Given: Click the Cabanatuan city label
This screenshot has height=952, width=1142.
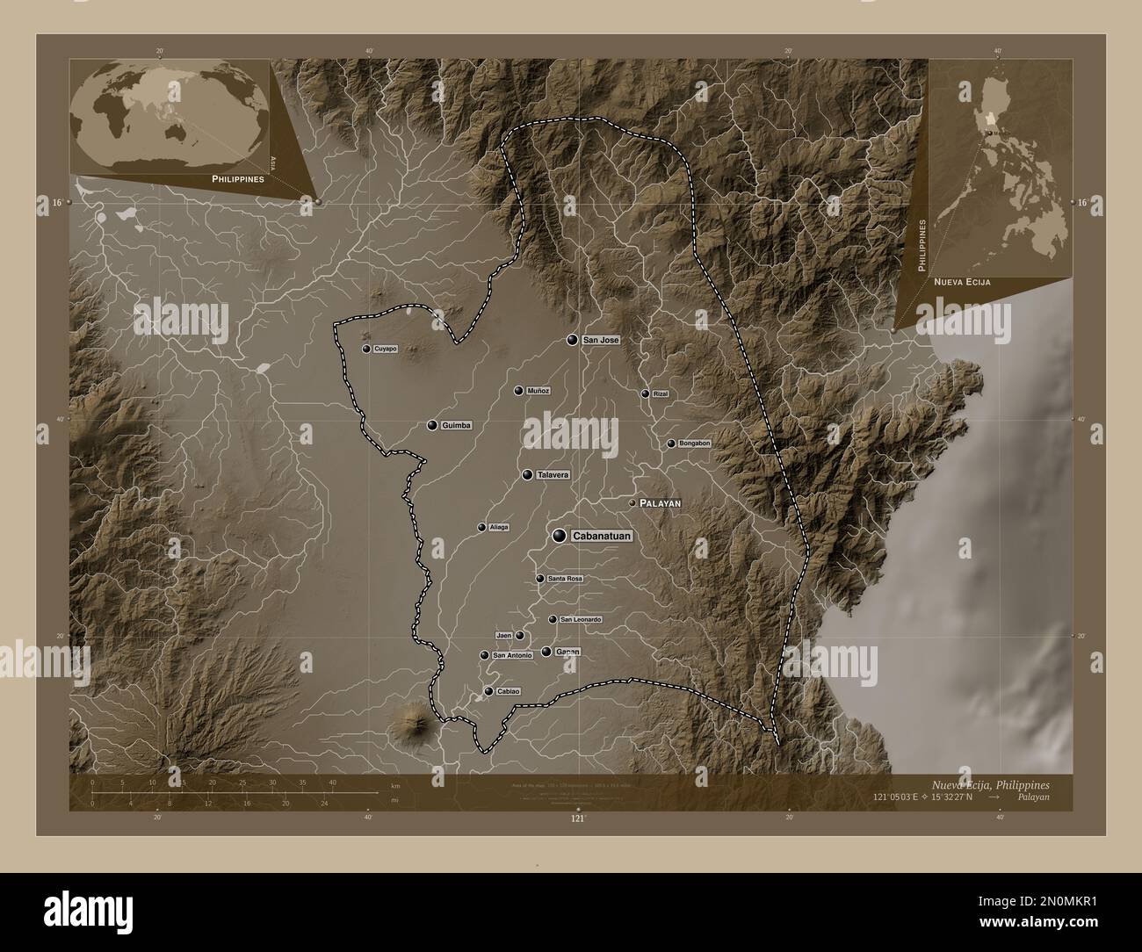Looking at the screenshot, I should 602,536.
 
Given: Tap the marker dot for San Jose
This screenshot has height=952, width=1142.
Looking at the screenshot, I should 573,340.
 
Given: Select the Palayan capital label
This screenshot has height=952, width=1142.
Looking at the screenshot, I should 660,502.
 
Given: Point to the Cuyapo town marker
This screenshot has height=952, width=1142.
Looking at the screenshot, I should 366,349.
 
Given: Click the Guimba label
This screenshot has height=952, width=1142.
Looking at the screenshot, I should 457,425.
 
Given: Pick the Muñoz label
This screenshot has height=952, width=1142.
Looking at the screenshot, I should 538,391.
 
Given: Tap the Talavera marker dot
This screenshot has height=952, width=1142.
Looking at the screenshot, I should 527,474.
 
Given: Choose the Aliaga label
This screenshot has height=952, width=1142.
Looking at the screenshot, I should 499,527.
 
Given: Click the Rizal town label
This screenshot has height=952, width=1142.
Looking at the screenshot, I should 661,394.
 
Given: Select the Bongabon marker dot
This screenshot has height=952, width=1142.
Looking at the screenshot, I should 671,444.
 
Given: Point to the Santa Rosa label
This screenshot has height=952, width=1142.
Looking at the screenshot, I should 565,579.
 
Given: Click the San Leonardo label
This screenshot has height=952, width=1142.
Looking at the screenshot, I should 581,620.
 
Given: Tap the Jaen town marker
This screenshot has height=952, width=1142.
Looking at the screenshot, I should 520,635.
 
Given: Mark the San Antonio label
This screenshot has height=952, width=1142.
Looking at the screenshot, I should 512,655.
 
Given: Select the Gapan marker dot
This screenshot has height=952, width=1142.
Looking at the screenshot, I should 546,652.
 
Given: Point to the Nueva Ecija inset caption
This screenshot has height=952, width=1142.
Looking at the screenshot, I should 962,283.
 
